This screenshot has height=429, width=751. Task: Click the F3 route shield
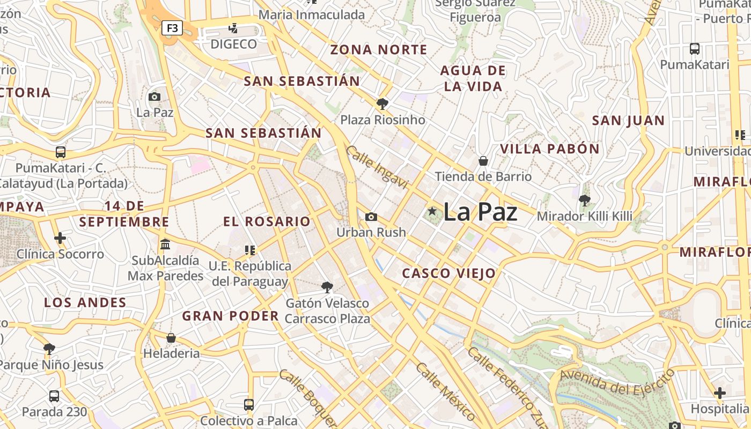coord(172,28)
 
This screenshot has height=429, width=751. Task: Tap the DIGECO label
coord(233,44)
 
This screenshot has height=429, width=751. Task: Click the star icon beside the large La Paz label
coord(432,212)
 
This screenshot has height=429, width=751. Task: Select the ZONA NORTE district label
coord(379,50)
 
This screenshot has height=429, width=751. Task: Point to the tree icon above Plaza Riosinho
coord(382,103)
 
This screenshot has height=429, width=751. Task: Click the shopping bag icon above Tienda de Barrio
coord(483,160)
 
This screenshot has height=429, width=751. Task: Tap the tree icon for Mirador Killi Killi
coord(585,201)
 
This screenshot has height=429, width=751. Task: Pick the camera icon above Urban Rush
coord(371,217)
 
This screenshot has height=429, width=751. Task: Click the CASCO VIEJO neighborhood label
coord(449,273)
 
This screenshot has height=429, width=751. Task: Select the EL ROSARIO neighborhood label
coord(267,221)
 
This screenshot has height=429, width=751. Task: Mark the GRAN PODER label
coord(231,316)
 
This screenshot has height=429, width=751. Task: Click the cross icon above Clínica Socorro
coord(60,238)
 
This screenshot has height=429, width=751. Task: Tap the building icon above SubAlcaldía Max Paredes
coord(165,244)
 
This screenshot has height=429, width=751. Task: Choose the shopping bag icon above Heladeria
coord(171,338)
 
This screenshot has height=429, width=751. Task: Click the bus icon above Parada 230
coord(54,396)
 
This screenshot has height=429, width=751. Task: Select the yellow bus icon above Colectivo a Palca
coord(249,404)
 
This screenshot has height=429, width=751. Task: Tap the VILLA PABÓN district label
coord(550,149)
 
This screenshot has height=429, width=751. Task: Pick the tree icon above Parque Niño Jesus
coord(49,349)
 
